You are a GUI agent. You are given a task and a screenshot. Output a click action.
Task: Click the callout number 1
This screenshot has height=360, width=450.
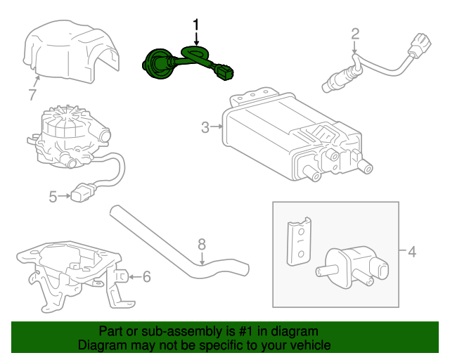pyautogui.click(x=197, y=24)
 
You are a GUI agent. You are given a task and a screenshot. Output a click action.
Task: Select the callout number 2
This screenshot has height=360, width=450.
pyautogui.click(x=355, y=33)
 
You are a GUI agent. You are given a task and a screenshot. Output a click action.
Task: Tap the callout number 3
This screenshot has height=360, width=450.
pyautogui.click(x=205, y=127)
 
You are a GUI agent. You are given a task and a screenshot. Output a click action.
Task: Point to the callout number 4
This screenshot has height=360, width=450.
pyautogui.click(x=411, y=251)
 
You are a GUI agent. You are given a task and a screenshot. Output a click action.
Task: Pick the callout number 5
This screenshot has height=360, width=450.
pyautogui.click(x=53, y=197)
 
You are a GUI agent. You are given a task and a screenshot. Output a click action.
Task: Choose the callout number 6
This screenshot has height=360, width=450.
pyautogui.click(x=146, y=276)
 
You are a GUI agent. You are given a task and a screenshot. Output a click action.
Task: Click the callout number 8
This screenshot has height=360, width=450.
pyautogui.click(x=201, y=244)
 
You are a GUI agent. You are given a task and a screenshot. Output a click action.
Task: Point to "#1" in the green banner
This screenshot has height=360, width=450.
pyautogui.click(x=233, y=330)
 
